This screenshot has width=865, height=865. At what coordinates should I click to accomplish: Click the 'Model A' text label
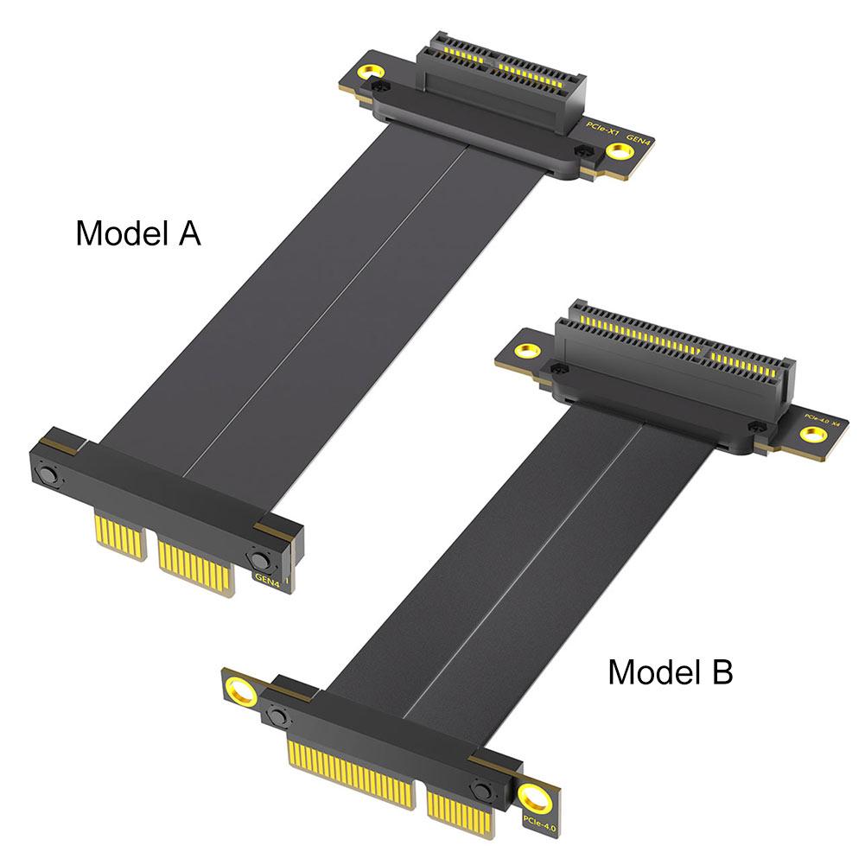coord(138,233)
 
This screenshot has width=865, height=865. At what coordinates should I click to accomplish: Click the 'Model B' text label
coord(670,671)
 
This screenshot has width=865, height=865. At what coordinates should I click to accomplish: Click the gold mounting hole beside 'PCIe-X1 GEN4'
coord(618,153)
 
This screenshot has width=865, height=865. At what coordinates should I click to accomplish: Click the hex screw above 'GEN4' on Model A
coord(261,558)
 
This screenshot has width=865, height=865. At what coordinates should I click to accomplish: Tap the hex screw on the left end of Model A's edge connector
coord(46,476)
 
